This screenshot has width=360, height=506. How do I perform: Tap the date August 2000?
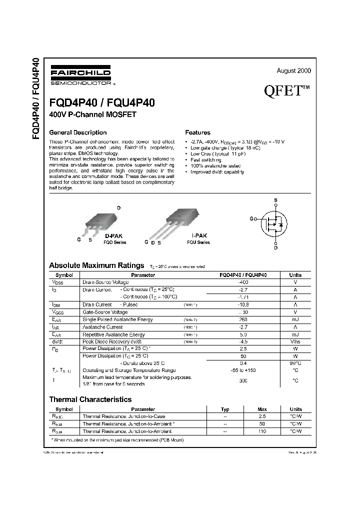click(x=293, y=71)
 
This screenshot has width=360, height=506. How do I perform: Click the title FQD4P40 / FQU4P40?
click(x=102, y=102)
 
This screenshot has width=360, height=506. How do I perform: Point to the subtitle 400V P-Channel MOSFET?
click(x=92, y=114)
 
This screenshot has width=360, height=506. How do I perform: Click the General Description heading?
click(x=77, y=132)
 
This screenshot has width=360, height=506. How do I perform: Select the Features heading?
click(x=197, y=132)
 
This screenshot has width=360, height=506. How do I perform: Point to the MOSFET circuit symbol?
click(x=274, y=223)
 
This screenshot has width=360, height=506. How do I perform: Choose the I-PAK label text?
click(x=198, y=235)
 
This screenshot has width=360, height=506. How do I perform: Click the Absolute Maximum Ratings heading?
click(x=96, y=265)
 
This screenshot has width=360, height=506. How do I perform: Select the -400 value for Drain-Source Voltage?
click(x=243, y=282)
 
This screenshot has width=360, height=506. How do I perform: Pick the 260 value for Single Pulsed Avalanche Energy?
click(x=243, y=319)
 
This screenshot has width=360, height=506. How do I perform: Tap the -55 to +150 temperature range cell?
click(x=243, y=370)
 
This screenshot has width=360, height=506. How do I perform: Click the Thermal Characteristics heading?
click(x=90, y=399)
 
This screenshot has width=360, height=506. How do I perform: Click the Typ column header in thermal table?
click(x=225, y=409)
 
